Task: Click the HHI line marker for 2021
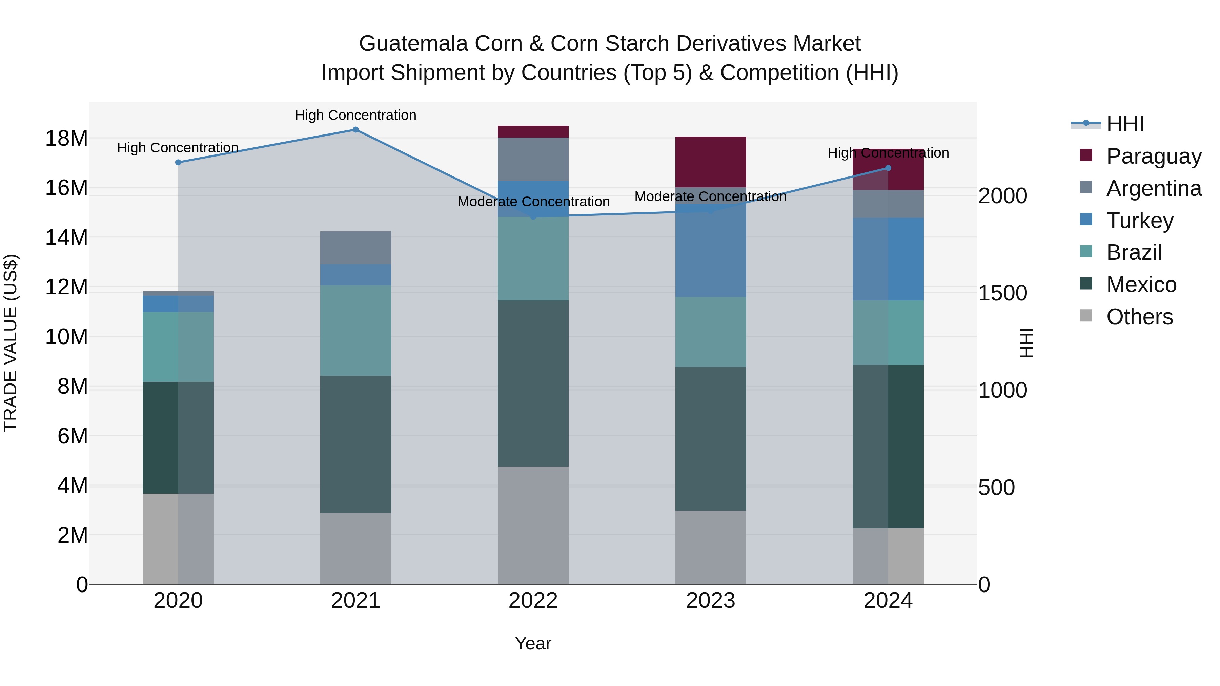tap(356, 130)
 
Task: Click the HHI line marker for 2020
tap(178, 162)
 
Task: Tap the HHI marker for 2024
tap(888, 168)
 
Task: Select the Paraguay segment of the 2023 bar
tap(710, 162)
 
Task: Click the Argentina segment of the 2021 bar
tap(356, 248)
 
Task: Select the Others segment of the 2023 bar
tap(710, 547)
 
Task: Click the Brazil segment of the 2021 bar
tap(356, 330)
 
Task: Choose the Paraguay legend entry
tap(1154, 156)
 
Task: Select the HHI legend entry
tap(1125, 124)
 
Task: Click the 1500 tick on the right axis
tap(1003, 293)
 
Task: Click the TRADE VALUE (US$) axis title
tap(11, 343)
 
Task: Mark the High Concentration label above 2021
tap(356, 115)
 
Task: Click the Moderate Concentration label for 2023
tap(710, 196)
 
